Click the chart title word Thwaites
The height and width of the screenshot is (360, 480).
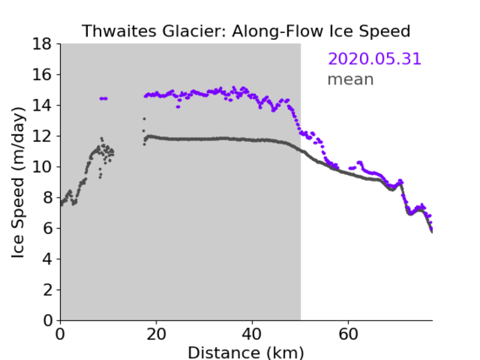120,31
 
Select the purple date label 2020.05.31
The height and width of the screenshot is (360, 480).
374,58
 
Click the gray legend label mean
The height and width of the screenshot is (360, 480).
351,79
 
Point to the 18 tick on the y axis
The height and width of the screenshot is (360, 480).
41,44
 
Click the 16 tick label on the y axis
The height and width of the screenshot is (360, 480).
41,74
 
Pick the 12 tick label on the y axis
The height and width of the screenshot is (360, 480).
41,136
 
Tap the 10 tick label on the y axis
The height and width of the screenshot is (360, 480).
41,166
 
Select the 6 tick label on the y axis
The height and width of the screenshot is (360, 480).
47,228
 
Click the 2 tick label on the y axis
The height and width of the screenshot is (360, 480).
47,290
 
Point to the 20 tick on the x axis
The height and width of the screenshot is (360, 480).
156,334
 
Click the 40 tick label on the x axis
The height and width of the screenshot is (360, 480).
252,334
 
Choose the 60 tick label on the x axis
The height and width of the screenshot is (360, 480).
348,334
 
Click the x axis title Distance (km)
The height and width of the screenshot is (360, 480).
246,352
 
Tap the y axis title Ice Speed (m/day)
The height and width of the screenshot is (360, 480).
18,183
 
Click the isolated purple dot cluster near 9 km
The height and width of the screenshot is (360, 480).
103,99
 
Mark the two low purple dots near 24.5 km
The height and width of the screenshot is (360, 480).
178,106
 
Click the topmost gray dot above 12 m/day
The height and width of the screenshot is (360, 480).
145,119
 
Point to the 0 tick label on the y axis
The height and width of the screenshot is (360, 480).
47,320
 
